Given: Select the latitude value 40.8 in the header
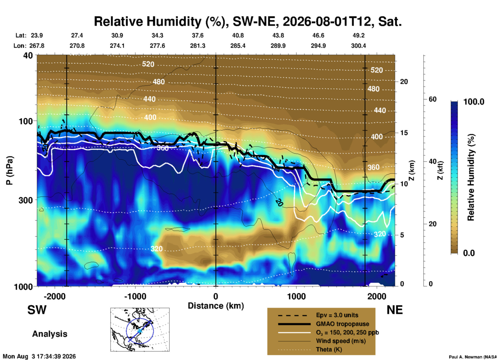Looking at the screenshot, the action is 238,35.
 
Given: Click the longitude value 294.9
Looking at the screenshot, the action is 318,46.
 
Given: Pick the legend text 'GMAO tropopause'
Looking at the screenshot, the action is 342,324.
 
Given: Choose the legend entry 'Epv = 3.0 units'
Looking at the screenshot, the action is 337,315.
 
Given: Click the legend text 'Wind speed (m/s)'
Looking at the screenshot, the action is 341,341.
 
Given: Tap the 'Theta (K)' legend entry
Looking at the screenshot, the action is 329,349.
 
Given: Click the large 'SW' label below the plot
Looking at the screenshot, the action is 37,310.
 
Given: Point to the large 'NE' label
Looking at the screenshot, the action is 395,310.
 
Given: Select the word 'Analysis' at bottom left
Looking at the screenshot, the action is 50,334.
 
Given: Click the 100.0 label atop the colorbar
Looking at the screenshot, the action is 474,102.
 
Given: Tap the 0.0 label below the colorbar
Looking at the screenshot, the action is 469,253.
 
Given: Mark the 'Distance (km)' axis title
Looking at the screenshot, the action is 216,306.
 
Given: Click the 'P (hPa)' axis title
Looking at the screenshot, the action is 9,170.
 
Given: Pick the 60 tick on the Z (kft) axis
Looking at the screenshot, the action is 433,99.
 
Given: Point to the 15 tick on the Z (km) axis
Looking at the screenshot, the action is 404,133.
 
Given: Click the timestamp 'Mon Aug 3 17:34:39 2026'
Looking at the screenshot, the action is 39,356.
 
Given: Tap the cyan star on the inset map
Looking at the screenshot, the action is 140,331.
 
